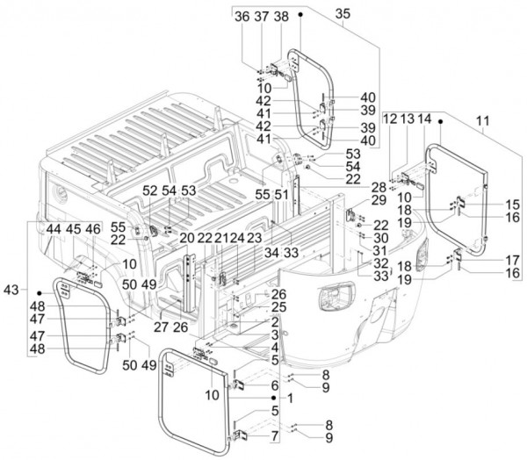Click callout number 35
click(x=343, y=15)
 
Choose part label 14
click(x=425, y=119)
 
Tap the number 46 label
click(x=92, y=228)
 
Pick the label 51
click(x=282, y=195)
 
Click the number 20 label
click(x=186, y=238)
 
